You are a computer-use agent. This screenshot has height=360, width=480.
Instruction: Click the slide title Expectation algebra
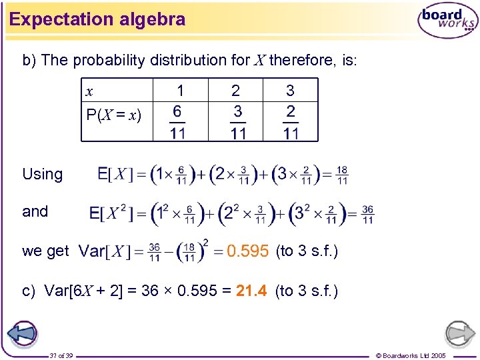(97, 19)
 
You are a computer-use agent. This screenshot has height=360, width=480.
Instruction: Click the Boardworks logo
(447, 21)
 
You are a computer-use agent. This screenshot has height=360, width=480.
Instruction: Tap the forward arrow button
(459, 334)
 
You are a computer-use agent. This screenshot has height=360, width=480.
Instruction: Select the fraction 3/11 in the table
(238, 122)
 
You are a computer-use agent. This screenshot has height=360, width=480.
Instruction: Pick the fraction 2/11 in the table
(291, 122)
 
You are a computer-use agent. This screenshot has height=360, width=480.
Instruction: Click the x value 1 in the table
(179, 90)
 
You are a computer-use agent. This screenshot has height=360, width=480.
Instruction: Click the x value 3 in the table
(290, 90)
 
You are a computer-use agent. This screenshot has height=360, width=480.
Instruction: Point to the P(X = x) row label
(113, 115)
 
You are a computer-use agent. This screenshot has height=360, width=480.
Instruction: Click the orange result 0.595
(247, 251)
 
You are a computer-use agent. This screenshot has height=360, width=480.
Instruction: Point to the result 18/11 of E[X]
(342, 175)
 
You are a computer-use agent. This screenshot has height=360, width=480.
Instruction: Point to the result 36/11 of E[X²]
(367, 213)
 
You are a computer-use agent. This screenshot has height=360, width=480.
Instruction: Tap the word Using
(42, 175)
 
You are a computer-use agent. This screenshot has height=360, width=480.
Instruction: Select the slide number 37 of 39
(61, 355)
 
